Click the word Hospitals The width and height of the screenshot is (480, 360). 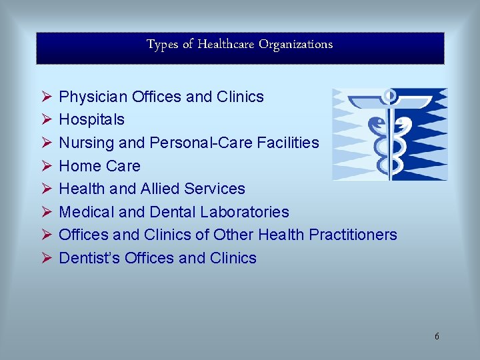pos(92,120)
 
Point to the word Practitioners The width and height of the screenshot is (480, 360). pos(355,235)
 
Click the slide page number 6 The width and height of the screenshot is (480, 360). pos(437,336)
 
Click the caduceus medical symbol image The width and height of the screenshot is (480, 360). pos(390,134)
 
